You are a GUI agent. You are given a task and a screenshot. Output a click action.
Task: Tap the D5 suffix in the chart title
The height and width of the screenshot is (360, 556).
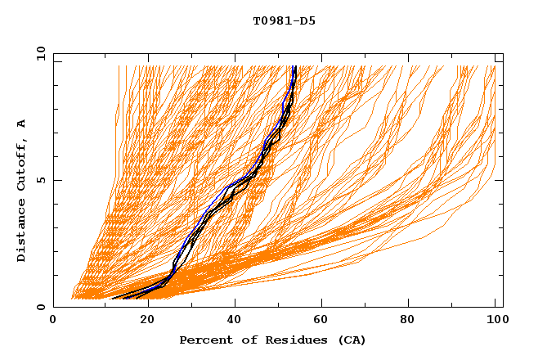(307, 20)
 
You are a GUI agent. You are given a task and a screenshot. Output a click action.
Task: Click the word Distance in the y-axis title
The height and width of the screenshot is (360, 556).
(21, 232)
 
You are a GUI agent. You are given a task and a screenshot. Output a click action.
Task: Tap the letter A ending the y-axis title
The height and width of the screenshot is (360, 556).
(21, 124)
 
